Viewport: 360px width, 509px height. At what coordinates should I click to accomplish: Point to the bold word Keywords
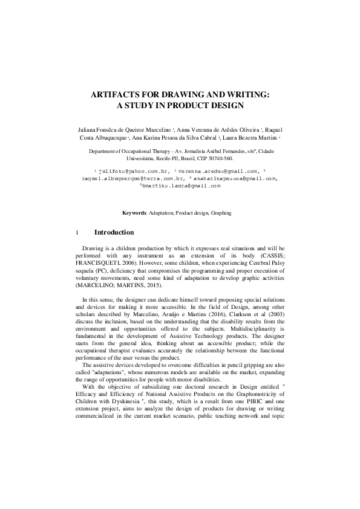134,213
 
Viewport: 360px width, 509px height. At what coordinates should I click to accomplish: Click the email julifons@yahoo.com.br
126,171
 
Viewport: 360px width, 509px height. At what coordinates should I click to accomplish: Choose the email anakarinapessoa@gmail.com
237,178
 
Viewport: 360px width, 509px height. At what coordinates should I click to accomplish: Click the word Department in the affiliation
103,151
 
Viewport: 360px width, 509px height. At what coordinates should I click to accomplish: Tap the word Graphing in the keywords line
220,213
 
